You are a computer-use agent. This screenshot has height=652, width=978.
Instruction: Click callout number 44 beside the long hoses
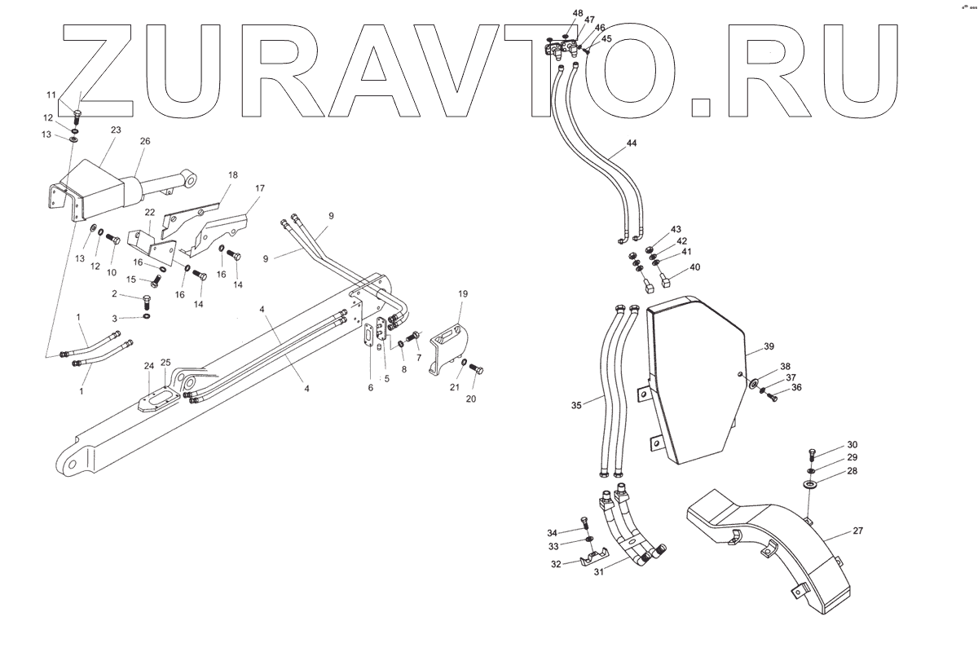tap(632, 143)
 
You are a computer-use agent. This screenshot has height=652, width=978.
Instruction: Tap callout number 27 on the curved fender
tap(858, 531)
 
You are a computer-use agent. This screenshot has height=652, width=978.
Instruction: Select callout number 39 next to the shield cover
tap(769, 347)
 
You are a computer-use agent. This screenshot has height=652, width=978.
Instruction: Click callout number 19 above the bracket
tap(462, 293)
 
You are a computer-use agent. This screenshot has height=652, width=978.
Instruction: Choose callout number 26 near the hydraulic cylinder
tap(145, 141)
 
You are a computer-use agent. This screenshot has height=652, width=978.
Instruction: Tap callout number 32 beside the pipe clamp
tap(554, 563)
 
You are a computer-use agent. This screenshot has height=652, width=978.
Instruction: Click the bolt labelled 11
tap(78, 114)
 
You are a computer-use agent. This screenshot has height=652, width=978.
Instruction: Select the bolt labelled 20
tap(477, 371)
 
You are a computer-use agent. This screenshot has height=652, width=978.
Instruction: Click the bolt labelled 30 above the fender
tap(813, 453)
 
